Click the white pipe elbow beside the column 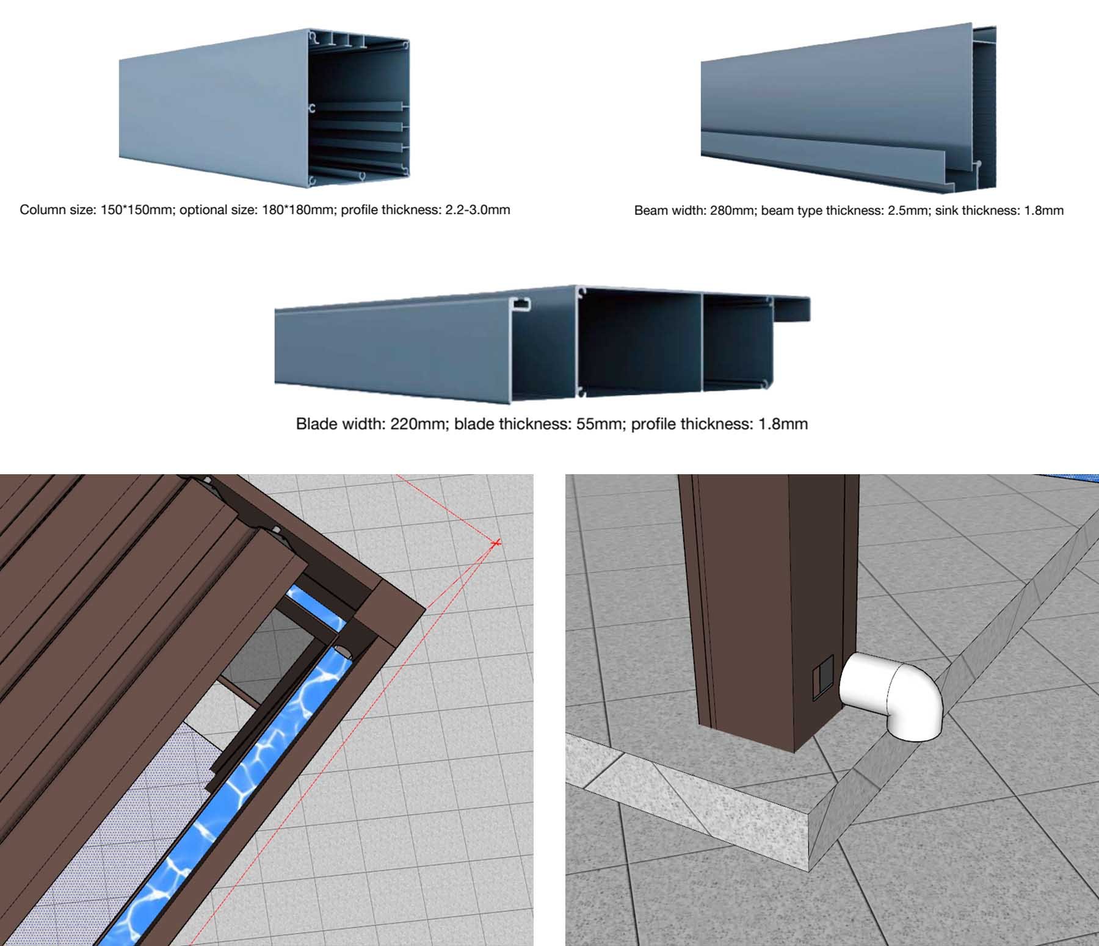pos(891,695)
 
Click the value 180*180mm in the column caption pos(299,210)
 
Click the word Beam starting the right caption pos(650,211)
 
